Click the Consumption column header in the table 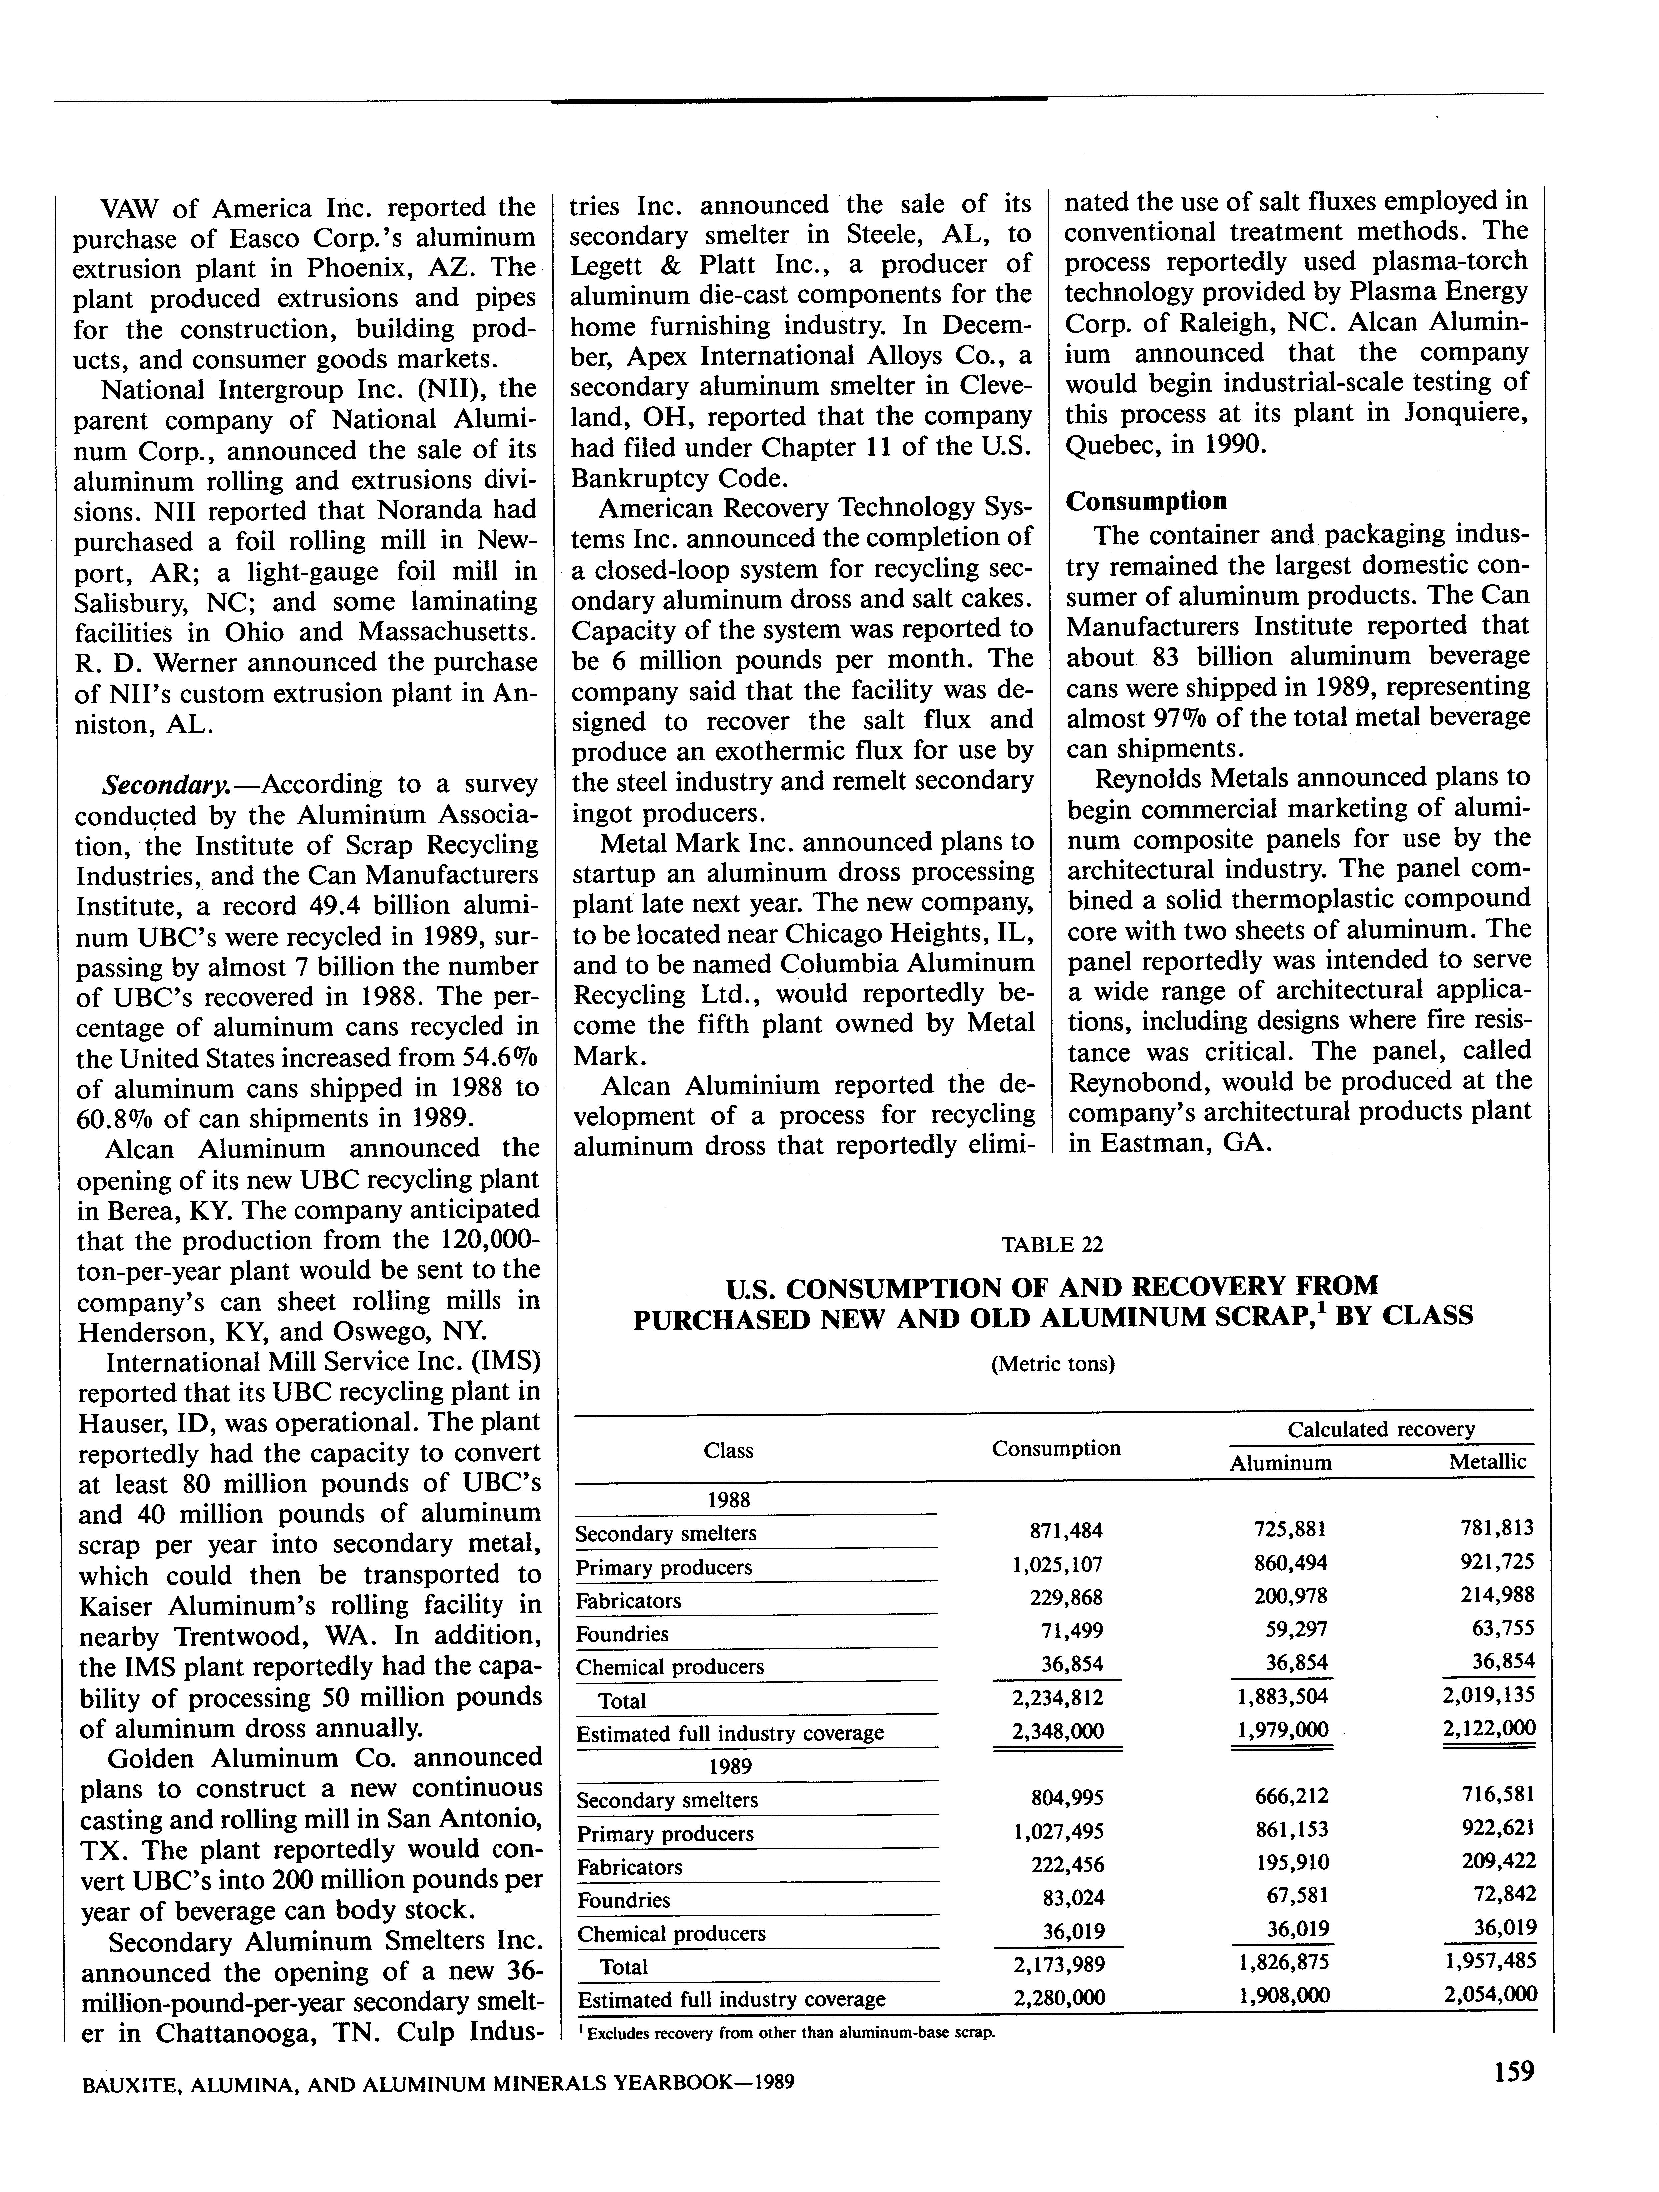point(1055,1449)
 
